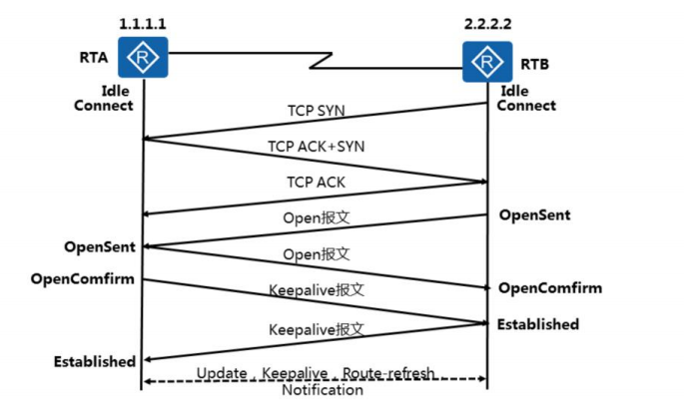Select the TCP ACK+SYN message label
click(316, 146)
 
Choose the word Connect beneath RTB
click(526, 106)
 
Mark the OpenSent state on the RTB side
click(534, 215)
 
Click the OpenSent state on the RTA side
click(100, 245)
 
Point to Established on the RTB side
click(539, 324)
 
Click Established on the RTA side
click(94, 361)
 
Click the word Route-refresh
click(388, 373)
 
